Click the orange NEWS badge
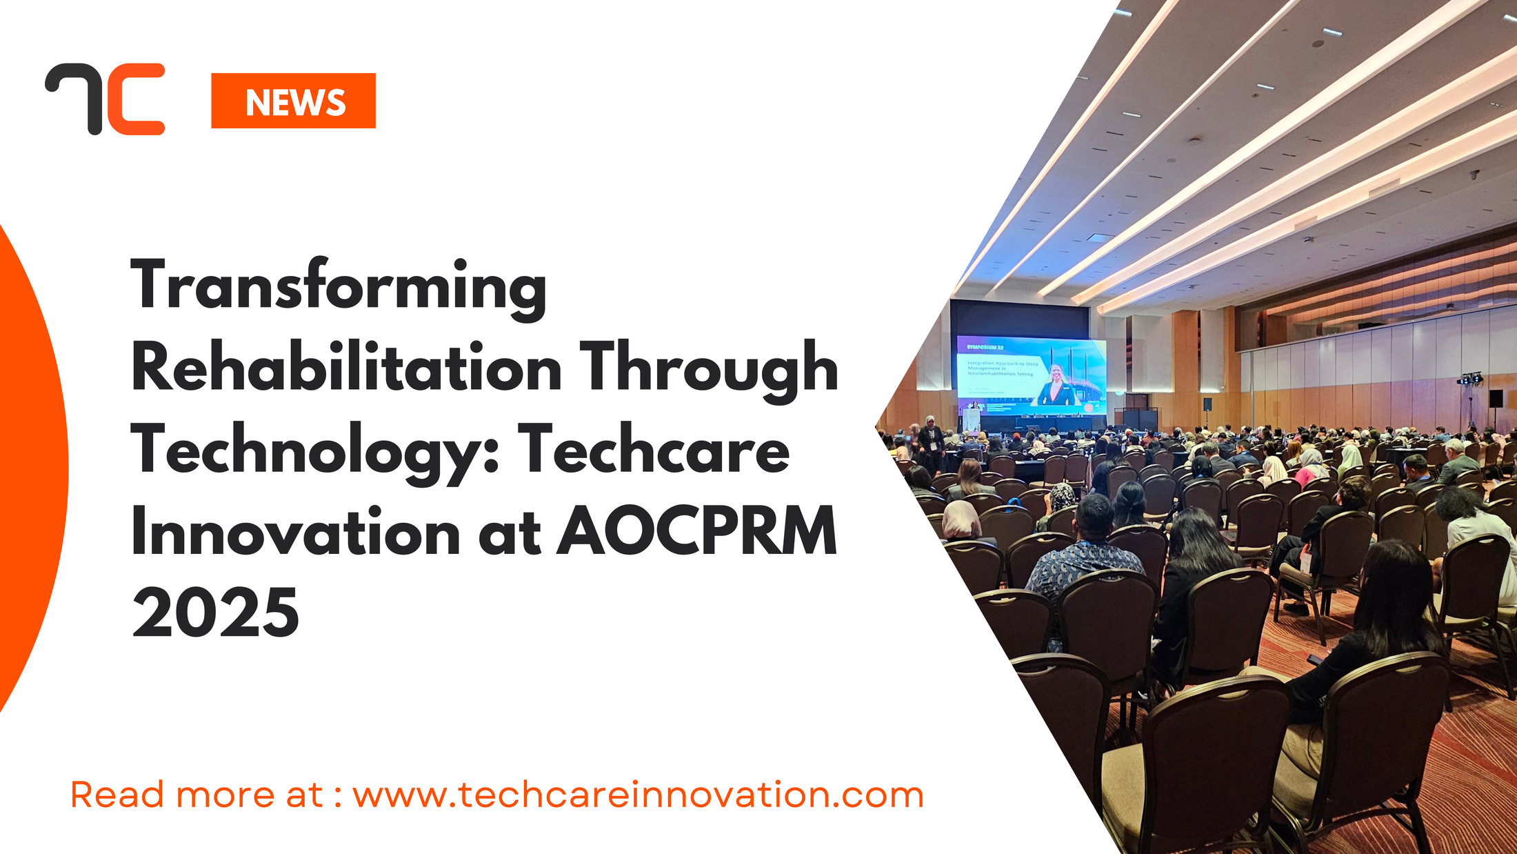[293, 101]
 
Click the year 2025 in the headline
[215, 613]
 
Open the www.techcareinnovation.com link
[638, 795]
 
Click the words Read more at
[197, 795]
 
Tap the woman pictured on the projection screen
[1055, 386]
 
